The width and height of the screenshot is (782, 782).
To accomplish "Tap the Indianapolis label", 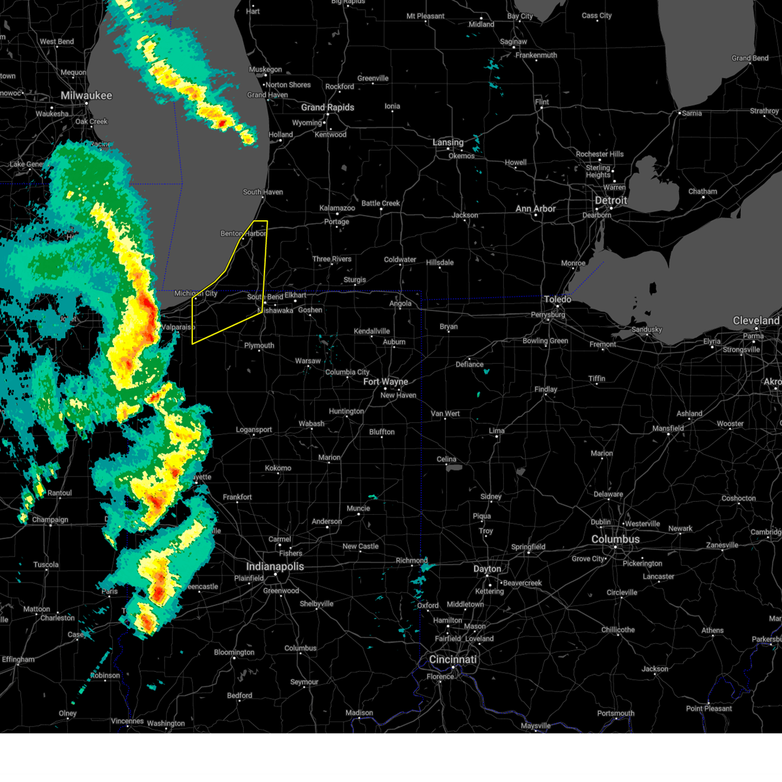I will pyautogui.click(x=275, y=566).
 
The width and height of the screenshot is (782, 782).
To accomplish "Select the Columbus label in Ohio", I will pyautogui.click(x=615, y=540).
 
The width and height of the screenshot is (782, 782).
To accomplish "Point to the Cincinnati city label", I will pyautogui.click(x=453, y=659).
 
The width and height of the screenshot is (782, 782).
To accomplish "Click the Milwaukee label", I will pyautogui.click(x=86, y=96).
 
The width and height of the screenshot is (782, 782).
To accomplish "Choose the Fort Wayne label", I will pyautogui.click(x=386, y=382).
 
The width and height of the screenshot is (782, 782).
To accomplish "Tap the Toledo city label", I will pyautogui.click(x=558, y=299).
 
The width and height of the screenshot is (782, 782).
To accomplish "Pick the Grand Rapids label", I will pyautogui.click(x=328, y=108).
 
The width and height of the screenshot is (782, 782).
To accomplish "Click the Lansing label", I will pyautogui.click(x=448, y=142).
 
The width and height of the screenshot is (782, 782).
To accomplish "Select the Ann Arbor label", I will pyautogui.click(x=536, y=209).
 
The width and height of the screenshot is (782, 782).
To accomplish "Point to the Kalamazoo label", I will pyautogui.click(x=338, y=209).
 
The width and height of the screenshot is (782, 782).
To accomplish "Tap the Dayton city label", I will pyautogui.click(x=487, y=569).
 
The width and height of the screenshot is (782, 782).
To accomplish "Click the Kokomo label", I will pyautogui.click(x=278, y=469).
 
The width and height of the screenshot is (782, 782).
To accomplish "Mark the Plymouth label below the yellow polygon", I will pyautogui.click(x=259, y=346).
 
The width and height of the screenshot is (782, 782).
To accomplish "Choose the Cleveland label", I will pyautogui.click(x=756, y=321).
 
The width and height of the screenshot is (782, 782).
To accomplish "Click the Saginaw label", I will pyautogui.click(x=514, y=42).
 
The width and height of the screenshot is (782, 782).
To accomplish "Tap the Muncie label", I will pyautogui.click(x=358, y=508).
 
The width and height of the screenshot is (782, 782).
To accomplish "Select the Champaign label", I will pyautogui.click(x=50, y=520).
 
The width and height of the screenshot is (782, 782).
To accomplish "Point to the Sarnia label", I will pyautogui.click(x=692, y=113).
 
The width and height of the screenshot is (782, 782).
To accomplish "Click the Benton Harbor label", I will pyautogui.click(x=243, y=233).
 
